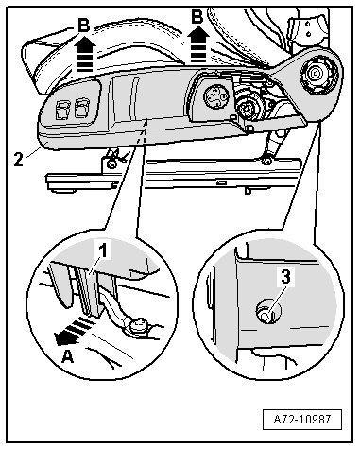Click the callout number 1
click(x=103, y=251)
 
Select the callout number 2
click(x=19, y=159)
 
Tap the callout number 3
click(x=285, y=277)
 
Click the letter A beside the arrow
click(x=67, y=357)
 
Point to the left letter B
click(x=84, y=25)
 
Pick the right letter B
click(x=197, y=16)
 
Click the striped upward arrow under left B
click(x=85, y=54)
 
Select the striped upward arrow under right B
click(x=198, y=44)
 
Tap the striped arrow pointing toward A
click(x=73, y=332)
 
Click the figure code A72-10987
click(x=302, y=420)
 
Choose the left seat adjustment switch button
click(x=61, y=111)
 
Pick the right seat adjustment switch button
click(x=82, y=108)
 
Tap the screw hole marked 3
click(x=267, y=311)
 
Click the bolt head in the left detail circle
click(x=137, y=326)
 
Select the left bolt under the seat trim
click(x=111, y=164)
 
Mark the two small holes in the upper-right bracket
click(x=309, y=27)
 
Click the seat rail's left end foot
click(x=62, y=190)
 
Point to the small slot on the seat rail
click(x=222, y=182)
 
